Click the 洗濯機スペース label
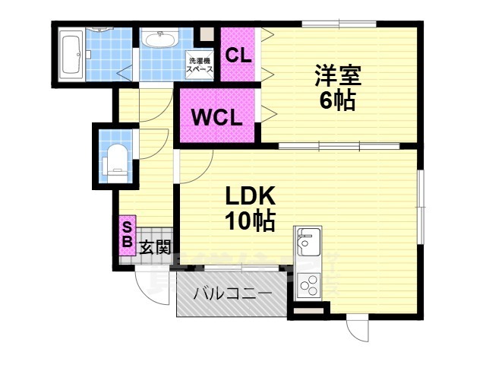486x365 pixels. pos(200,65)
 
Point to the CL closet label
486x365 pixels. pos(238,55)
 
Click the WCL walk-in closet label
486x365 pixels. pos(216,118)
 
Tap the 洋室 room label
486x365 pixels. pos(337,76)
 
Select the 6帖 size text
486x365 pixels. pos(337,101)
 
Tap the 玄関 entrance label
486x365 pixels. pos(154,247)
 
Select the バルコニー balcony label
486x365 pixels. pos(232,294)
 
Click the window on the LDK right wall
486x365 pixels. pos(420,205)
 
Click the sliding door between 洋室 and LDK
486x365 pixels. pos(338,144)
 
